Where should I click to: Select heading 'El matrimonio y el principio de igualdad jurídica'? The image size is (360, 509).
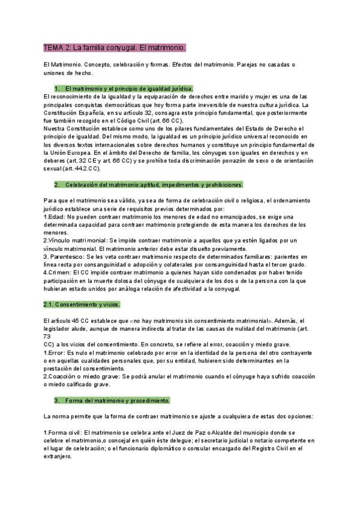tap(129, 88)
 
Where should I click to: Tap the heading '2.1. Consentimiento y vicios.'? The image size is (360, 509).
tap(82, 304)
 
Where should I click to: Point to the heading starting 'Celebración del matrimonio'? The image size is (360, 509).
tap(154, 184)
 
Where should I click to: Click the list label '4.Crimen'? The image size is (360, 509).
tap(58, 273)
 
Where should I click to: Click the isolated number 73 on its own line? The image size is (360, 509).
tap(47, 336)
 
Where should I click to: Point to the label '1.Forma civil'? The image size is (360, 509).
tap(62, 432)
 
